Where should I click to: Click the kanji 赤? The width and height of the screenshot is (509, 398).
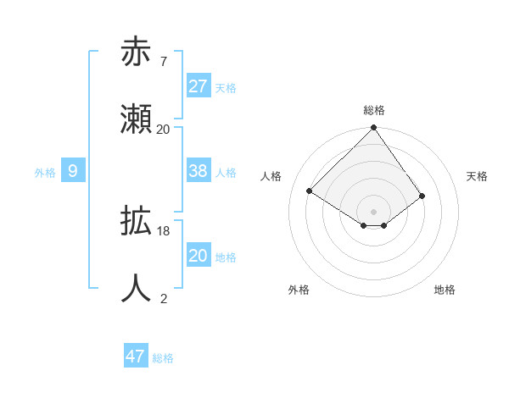(136, 53)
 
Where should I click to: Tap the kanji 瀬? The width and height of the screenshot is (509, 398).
(136, 119)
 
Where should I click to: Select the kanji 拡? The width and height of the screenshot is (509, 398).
(136, 222)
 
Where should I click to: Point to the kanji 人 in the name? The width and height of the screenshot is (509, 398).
(136, 289)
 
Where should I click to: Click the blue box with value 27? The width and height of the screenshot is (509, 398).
(198, 86)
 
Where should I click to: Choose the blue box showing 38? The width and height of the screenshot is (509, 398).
(198, 171)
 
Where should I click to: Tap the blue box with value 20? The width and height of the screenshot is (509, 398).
(198, 256)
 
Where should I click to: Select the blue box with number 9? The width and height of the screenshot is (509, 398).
(73, 171)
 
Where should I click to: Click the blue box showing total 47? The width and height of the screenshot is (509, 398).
(135, 357)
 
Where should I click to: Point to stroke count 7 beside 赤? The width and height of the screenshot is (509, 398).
(163, 62)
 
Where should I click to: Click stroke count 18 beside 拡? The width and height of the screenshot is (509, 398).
(164, 231)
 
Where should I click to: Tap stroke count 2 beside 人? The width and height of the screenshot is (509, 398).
(164, 298)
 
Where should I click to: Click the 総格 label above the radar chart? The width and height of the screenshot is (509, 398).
(374, 110)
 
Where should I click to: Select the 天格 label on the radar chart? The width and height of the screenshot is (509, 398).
(477, 176)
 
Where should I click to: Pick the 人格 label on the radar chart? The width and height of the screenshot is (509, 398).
(271, 176)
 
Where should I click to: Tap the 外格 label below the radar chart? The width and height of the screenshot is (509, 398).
(298, 290)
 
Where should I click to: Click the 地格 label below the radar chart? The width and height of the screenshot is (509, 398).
(445, 290)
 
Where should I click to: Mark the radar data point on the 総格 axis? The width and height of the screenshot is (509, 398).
(374, 129)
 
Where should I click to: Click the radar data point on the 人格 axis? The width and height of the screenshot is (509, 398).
(310, 191)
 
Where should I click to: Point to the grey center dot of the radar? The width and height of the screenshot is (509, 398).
(374, 211)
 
